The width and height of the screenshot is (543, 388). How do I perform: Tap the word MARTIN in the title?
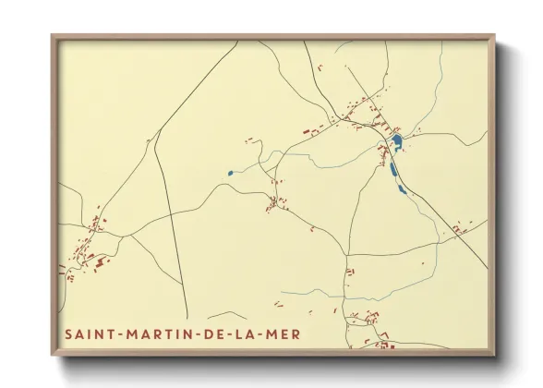point(153,333)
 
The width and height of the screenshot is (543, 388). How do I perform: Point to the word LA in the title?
point(244,333)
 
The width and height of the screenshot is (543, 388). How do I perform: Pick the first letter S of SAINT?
point(69,333)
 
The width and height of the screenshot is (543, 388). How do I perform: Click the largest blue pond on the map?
point(396,141)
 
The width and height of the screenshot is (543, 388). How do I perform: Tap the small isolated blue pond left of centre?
point(229,173)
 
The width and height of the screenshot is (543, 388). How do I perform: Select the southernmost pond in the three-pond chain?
point(401,189)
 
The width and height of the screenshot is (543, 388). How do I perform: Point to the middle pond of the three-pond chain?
point(394,169)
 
